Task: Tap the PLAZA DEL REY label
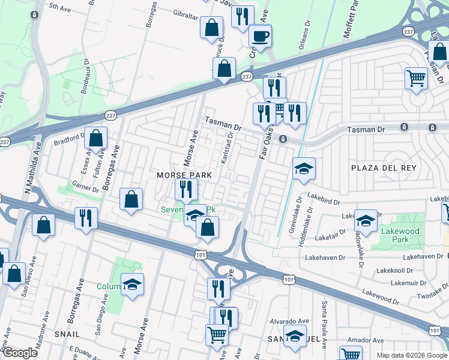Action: click(x=382, y=167)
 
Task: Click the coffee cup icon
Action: click(x=261, y=35)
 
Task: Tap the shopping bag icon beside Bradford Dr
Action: click(x=95, y=139)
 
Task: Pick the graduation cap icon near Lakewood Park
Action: click(x=365, y=220)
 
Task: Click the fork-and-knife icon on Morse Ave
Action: click(x=186, y=190)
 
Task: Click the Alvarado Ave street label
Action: click(x=286, y=322)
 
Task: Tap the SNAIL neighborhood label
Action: click(x=67, y=334)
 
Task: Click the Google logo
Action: click(x=20, y=353)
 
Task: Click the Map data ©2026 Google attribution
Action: click(x=411, y=355)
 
